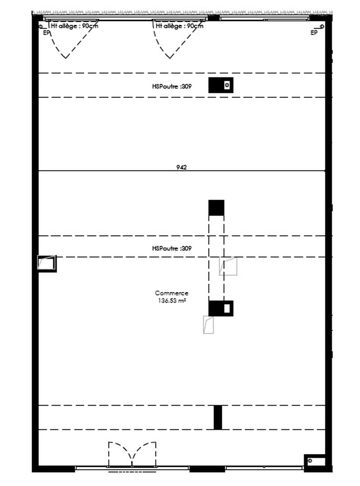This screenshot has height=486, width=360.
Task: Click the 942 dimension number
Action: click(x=182, y=167)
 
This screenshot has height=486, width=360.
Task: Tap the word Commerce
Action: click(x=171, y=293)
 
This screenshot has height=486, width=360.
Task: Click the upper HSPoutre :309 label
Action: click(x=172, y=86)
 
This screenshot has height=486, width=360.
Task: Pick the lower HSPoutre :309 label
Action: click(x=172, y=248)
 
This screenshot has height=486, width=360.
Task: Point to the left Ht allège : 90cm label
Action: click(x=75, y=26)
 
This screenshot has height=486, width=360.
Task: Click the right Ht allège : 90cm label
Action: click(x=180, y=26)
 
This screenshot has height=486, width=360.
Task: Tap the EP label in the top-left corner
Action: click(x=47, y=33)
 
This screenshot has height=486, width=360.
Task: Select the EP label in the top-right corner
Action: click(x=314, y=33)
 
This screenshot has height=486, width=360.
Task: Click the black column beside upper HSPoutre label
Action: click(x=221, y=85)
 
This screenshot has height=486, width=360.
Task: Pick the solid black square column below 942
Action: click(x=216, y=208)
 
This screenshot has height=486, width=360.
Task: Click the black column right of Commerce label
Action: click(x=221, y=308)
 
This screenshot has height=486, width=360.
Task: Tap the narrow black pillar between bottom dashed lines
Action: click(x=218, y=418)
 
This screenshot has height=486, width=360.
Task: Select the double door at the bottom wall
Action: click(x=132, y=455)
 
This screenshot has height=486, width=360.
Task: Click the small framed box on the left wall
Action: click(x=47, y=264)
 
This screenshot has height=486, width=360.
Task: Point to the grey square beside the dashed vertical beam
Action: click(x=228, y=266)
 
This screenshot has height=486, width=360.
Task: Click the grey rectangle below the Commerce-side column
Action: click(x=208, y=325)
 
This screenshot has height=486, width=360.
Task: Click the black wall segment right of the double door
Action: click(x=207, y=469)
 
